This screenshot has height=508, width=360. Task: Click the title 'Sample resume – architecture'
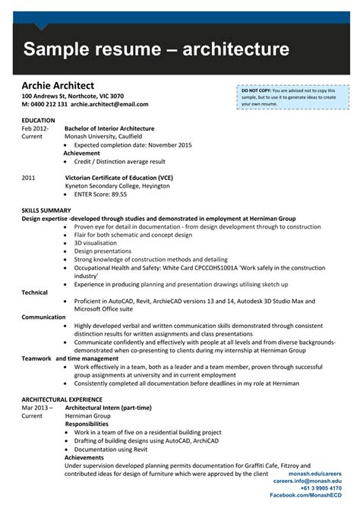(156, 50)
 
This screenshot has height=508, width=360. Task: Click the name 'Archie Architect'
(58, 86)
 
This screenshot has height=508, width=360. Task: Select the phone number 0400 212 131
(49, 104)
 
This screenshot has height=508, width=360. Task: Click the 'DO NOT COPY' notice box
(292, 98)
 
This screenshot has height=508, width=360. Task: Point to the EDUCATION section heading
(39, 121)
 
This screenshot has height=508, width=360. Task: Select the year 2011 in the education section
(29, 178)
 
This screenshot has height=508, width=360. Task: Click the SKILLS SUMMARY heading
(46, 210)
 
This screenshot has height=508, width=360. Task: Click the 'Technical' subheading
(34, 292)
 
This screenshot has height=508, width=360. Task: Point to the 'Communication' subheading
(43, 317)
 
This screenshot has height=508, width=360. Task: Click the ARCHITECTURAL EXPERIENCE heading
(62, 399)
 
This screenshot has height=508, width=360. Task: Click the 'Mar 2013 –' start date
(36, 408)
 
